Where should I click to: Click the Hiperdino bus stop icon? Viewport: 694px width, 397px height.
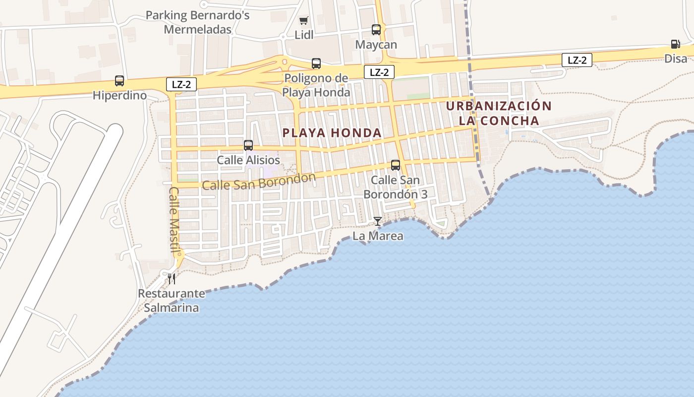tap(119, 81)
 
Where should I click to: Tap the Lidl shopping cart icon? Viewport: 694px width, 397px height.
tap(303, 21)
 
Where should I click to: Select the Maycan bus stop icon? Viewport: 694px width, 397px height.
tap(376, 30)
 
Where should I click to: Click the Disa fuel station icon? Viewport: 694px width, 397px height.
tap(675, 44)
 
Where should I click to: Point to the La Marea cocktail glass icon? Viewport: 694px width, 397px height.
tap(378, 221)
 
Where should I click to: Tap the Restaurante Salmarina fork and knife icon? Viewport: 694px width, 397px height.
tap(172, 278)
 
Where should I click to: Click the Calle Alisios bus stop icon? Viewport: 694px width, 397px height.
tap(248, 145)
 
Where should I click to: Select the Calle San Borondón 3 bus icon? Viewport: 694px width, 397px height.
tap(396, 165)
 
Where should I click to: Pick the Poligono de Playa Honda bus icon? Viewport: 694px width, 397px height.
tap(316, 64)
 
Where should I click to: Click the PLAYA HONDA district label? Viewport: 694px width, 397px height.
tap(332, 133)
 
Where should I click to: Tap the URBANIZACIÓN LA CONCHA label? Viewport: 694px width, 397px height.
tap(499, 113)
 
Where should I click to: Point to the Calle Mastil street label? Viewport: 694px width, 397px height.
tap(174, 219)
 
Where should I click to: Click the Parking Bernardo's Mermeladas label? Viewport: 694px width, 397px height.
tap(197, 22)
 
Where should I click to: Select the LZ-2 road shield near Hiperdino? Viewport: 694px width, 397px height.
tap(181, 84)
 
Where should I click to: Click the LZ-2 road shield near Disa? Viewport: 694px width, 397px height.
tap(577, 61)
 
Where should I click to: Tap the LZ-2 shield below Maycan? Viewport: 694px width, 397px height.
tap(379, 72)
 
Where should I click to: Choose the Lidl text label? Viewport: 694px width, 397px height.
tap(304, 35)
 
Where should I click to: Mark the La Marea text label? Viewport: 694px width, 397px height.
tap(378, 236)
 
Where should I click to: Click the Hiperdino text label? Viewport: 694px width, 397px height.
tap(119, 95)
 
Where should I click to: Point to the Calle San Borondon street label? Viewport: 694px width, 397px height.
tap(259, 182)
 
